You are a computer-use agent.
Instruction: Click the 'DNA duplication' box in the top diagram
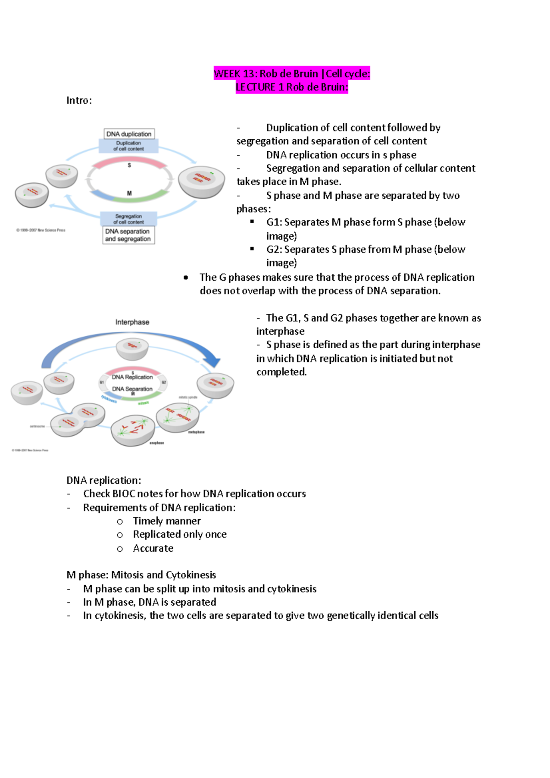129,134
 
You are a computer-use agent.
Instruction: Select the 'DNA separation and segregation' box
128,235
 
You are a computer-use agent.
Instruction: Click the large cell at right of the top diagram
201,181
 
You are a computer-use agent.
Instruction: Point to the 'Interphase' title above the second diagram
132,322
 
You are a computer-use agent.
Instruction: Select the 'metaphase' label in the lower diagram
196,432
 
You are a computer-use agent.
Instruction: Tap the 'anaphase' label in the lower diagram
156,443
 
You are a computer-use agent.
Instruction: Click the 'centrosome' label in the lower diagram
37,426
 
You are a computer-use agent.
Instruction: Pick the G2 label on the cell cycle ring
164,382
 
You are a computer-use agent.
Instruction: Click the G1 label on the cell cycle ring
102,382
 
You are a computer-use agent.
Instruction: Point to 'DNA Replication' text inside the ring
132,377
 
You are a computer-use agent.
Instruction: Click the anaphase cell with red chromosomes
133,430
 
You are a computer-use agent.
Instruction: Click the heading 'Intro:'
79,100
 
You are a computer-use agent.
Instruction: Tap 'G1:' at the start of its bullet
274,222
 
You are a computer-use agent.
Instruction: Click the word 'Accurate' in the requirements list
153,548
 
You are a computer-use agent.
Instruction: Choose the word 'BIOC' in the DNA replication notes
124,494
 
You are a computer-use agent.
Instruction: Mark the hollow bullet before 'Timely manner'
120,521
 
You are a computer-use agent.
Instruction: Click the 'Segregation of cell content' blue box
129,219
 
